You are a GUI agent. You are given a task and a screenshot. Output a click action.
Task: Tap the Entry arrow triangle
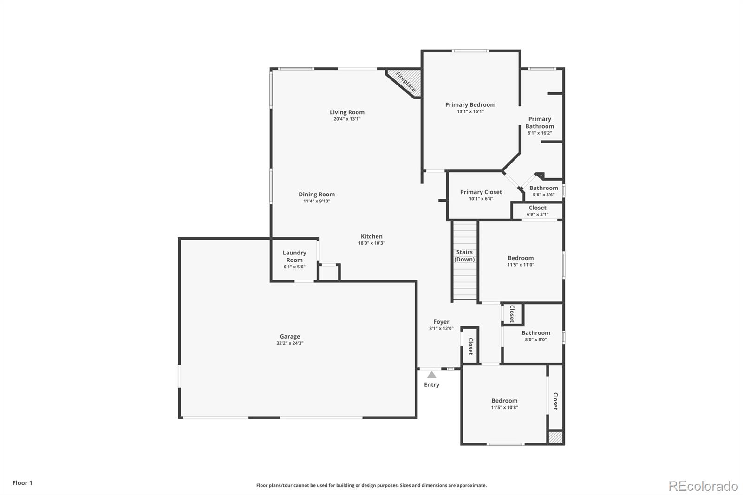point(432,374)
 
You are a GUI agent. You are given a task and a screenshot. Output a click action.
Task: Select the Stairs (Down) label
point(464,256)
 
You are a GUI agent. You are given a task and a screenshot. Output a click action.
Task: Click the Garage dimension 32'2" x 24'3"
point(290,343)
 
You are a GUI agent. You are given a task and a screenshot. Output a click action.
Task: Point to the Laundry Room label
point(294,256)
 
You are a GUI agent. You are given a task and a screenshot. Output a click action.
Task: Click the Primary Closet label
point(481,192)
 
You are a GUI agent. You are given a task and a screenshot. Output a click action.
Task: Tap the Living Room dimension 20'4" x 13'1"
point(347,119)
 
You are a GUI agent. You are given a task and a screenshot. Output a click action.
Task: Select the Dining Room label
point(317,194)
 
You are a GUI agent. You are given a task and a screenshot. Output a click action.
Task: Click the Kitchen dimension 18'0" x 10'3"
point(371,243)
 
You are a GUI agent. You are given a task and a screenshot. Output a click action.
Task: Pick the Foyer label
point(441,321)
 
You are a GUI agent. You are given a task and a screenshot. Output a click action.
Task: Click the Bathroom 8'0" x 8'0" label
point(535,332)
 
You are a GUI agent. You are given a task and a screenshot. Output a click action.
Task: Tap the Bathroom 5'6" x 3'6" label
point(543,188)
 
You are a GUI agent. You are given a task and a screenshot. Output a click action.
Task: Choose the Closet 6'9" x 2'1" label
point(537,208)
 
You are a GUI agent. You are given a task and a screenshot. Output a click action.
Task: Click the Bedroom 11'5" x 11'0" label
point(521,258)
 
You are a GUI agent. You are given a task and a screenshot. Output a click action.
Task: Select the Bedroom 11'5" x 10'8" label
point(504,400)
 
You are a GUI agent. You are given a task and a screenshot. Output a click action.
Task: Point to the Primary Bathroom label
point(540,123)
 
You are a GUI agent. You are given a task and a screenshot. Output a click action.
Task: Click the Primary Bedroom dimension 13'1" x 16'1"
point(470,111)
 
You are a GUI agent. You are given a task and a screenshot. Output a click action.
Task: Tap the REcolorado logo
point(703,486)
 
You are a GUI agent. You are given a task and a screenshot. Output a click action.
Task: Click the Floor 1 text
point(22,483)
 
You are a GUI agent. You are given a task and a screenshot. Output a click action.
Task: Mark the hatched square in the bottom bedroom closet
point(555,437)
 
